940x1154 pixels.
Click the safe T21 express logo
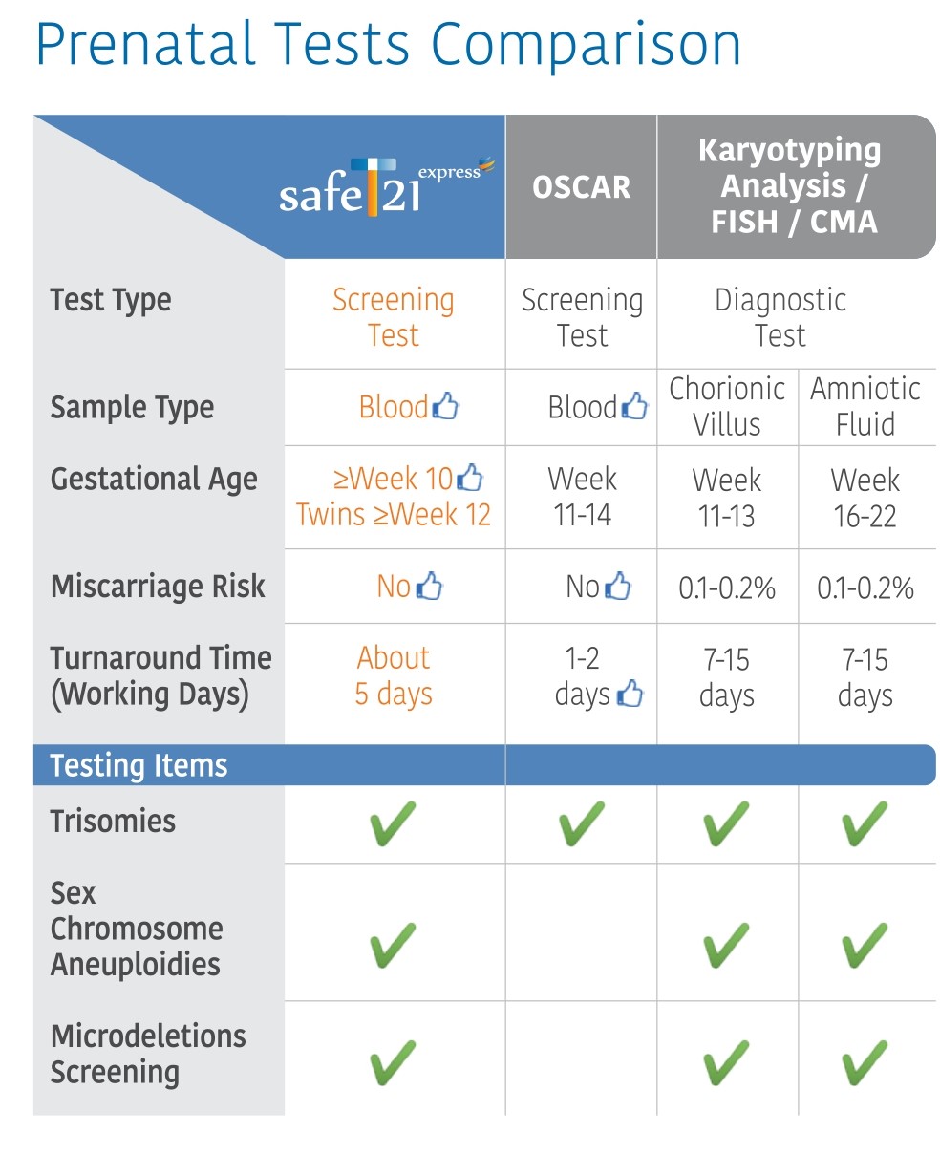click(x=386, y=186)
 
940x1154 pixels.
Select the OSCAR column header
click(x=581, y=187)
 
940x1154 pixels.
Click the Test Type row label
click(x=111, y=300)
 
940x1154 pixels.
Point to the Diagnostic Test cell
click(x=780, y=317)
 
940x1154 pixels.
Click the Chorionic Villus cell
click(x=727, y=406)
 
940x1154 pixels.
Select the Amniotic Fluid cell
click(x=865, y=406)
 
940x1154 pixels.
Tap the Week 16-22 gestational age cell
click(x=865, y=498)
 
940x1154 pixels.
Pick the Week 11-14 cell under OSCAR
click(x=582, y=497)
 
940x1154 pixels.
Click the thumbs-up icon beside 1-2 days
click(x=630, y=695)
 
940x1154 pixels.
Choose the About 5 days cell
click(x=394, y=675)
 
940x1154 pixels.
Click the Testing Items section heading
click(x=139, y=765)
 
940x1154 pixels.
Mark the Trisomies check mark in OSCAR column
click(x=581, y=823)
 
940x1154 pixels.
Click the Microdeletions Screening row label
click(x=148, y=1054)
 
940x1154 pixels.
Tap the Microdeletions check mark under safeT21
click(x=392, y=1061)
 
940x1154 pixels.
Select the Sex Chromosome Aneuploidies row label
click(x=136, y=929)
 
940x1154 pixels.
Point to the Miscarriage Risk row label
click(x=158, y=586)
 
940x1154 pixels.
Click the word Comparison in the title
click(x=585, y=45)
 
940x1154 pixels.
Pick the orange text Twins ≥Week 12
click(x=394, y=515)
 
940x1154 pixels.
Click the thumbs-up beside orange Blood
click(x=446, y=408)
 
